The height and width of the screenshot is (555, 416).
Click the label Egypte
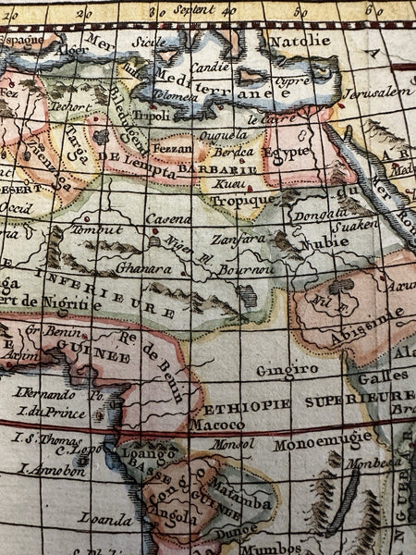coord(287,153)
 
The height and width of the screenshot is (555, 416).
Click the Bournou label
coord(247,269)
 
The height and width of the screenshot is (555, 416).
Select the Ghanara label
coord(140,265)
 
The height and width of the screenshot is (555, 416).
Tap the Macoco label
coord(217,425)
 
